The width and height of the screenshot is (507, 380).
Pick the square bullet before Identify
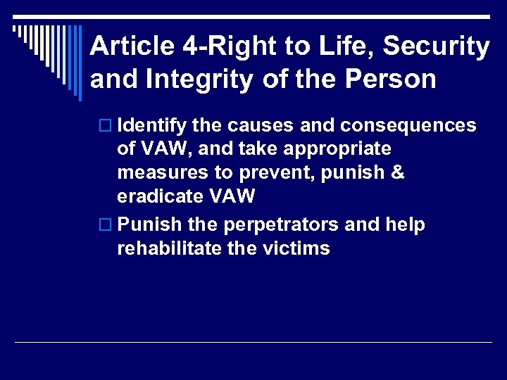click(x=108, y=126)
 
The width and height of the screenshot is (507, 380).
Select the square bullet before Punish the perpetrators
click(x=108, y=225)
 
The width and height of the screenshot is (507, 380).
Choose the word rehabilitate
click(x=168, y=248)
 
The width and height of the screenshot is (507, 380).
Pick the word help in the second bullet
click(x=404, y=225)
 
